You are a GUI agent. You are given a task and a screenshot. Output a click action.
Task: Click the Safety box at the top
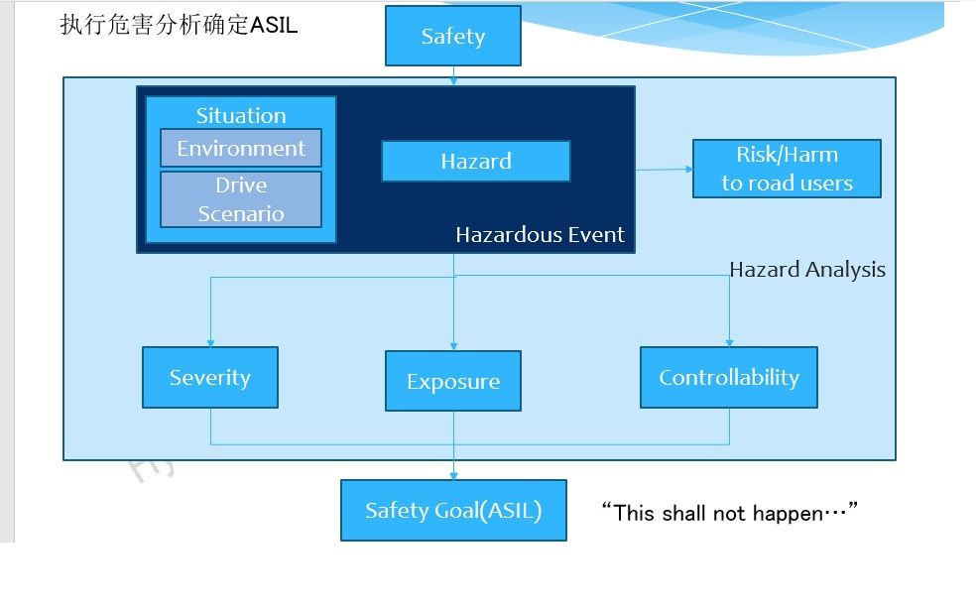coord(452,37)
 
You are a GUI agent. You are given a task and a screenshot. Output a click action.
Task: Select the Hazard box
coord(475,161)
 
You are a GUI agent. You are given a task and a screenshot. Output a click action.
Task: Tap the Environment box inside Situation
coord(241,148)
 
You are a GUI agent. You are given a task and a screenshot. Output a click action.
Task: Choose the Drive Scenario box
coord(241,199)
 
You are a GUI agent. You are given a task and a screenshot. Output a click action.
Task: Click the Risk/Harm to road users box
coord(787,169)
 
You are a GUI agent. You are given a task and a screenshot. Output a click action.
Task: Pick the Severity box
coord(210,377)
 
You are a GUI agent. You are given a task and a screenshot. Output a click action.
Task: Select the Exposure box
coord(453,381)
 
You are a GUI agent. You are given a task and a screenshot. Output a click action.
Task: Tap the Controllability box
coord(729,377)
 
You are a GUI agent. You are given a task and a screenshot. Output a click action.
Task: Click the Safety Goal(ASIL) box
coord(453,511)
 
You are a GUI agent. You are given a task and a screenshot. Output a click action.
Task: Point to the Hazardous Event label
coord(540,235)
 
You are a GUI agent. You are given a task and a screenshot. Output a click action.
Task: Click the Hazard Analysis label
coord(807,270)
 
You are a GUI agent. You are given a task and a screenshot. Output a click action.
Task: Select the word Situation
coord(241,115)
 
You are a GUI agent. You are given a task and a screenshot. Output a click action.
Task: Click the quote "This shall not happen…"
coord(729,513)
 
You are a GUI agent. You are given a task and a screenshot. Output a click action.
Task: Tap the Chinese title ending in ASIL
coord(179,25)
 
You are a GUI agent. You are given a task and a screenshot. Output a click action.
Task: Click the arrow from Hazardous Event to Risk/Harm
coord(664,169)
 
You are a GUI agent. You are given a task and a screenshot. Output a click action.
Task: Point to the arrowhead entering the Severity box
coord(210,342)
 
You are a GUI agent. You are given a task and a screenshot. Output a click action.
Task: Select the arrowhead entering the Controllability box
coord(730,342)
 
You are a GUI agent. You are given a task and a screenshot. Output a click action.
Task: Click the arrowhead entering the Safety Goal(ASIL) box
coord(453,476)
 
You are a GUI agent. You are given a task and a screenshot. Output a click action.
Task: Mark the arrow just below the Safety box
coord(453,73)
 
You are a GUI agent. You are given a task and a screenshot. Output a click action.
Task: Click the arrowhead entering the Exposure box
coord(453,346)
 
